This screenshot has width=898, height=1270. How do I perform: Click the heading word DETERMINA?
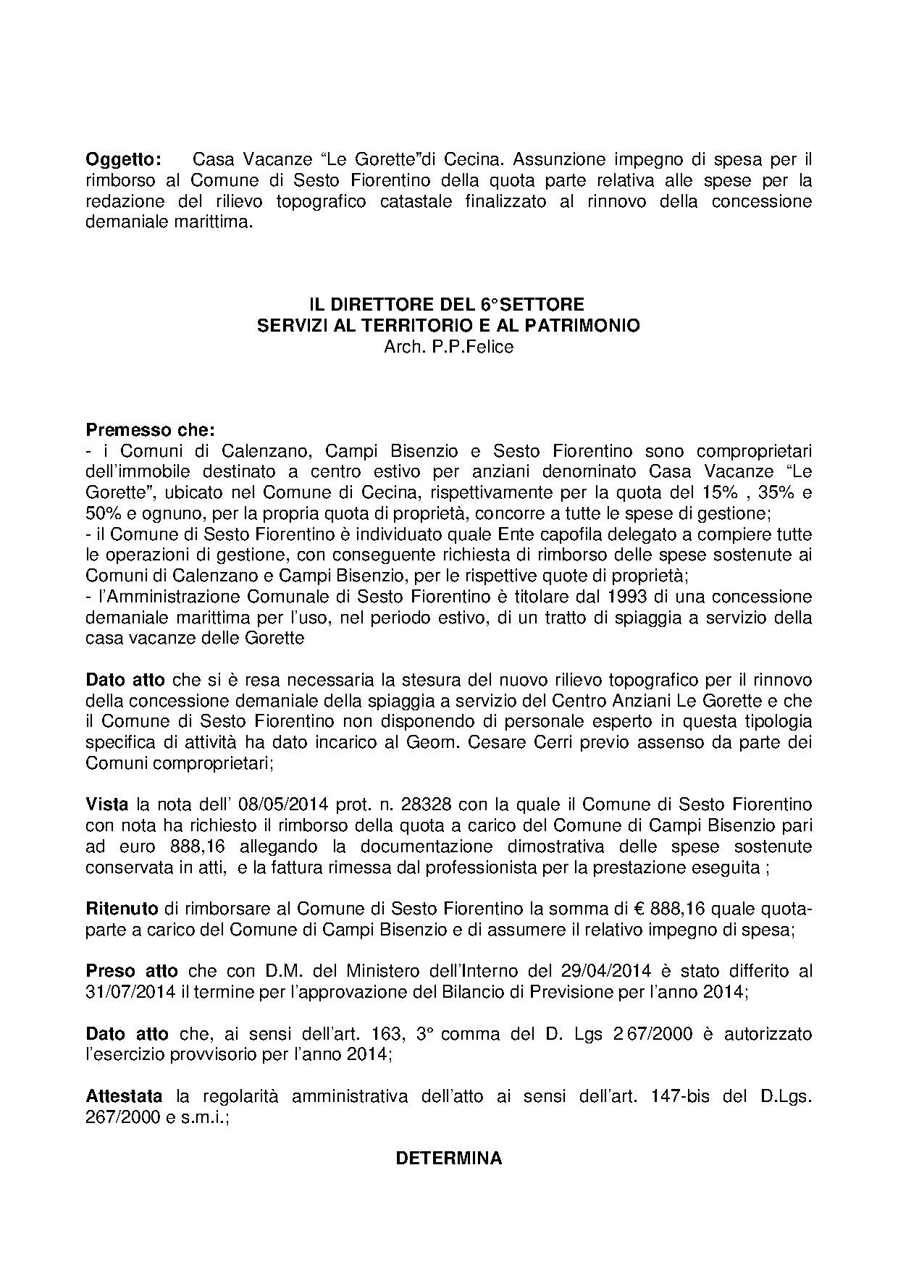(448, 1158)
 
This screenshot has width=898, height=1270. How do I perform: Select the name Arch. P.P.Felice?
(448, 347)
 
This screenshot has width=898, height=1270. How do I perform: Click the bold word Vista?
(107, 804)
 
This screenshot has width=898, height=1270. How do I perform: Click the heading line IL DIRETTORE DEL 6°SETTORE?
(448, 304)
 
